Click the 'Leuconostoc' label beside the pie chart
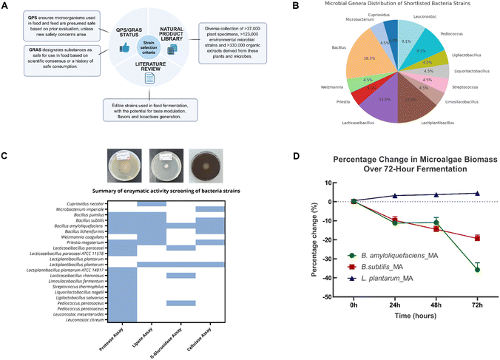pos(428,21)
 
